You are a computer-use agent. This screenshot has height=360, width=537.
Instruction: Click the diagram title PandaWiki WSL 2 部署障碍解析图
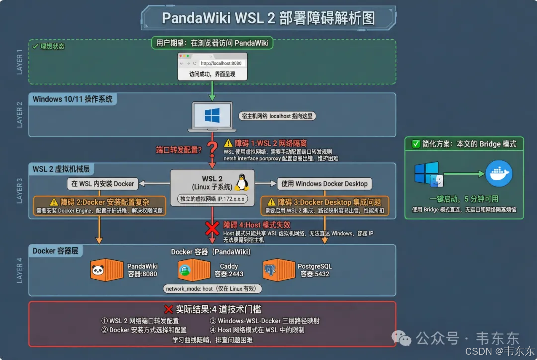point(268,18)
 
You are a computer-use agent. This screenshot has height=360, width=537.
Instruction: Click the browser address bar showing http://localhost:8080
point(221,63)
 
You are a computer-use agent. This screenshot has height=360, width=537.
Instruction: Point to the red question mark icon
point(212,148)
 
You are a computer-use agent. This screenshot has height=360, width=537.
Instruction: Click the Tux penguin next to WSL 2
point(242,183)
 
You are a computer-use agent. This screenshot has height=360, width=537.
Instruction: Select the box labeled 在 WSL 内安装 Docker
point(102,184)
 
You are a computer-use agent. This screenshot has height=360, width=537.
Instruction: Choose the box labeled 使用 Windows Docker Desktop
point(324,184)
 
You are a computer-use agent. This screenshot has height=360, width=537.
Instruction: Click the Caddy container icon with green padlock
point(193,270)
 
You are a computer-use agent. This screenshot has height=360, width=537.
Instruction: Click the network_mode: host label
point(212,289)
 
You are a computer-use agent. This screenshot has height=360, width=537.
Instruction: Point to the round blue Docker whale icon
point(499,174)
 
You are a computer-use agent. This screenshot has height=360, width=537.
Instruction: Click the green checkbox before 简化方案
point(416,144)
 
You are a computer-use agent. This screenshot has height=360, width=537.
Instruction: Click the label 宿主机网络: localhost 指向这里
point(277,116)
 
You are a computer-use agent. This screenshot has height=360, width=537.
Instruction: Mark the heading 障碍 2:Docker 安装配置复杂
point(99,202)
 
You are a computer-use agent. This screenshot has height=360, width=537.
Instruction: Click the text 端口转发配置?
point(179,149)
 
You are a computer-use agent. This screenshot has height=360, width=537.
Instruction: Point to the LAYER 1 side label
point(20,62)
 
